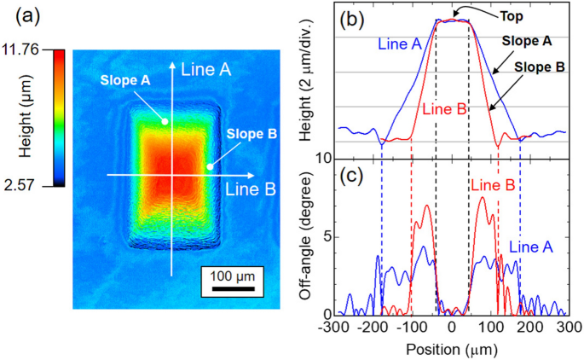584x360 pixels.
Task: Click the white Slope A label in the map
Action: pos(126,80)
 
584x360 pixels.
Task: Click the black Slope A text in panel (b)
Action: pos(525,39)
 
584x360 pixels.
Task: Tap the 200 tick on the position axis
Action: pos(528,326)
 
